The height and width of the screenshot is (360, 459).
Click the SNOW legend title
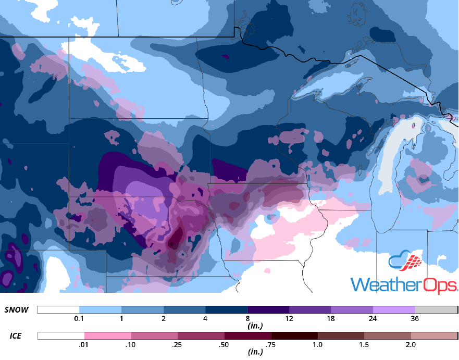pos(16,310)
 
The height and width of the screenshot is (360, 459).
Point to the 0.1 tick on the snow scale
pos(79,318)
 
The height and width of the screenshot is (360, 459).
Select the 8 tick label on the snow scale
pos(247,318)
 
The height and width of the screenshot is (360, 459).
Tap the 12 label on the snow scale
pos(289,318)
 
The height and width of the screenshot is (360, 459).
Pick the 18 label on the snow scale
pos(331,318)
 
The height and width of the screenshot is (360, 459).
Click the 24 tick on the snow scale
pos(374,318)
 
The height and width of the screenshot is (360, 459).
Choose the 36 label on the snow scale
pos(415,318)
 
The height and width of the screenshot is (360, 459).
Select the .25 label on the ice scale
pos(178,344)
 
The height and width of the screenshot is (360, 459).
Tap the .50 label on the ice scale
pos(225,344)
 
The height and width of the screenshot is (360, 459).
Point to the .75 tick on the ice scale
pos(271,344)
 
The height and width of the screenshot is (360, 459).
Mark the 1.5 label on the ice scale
pos(364,344)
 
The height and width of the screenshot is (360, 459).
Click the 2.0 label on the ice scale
pos(411,344)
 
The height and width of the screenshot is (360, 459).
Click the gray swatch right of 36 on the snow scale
pos(436,310)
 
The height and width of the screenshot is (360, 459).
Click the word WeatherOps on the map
pos(404,284)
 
